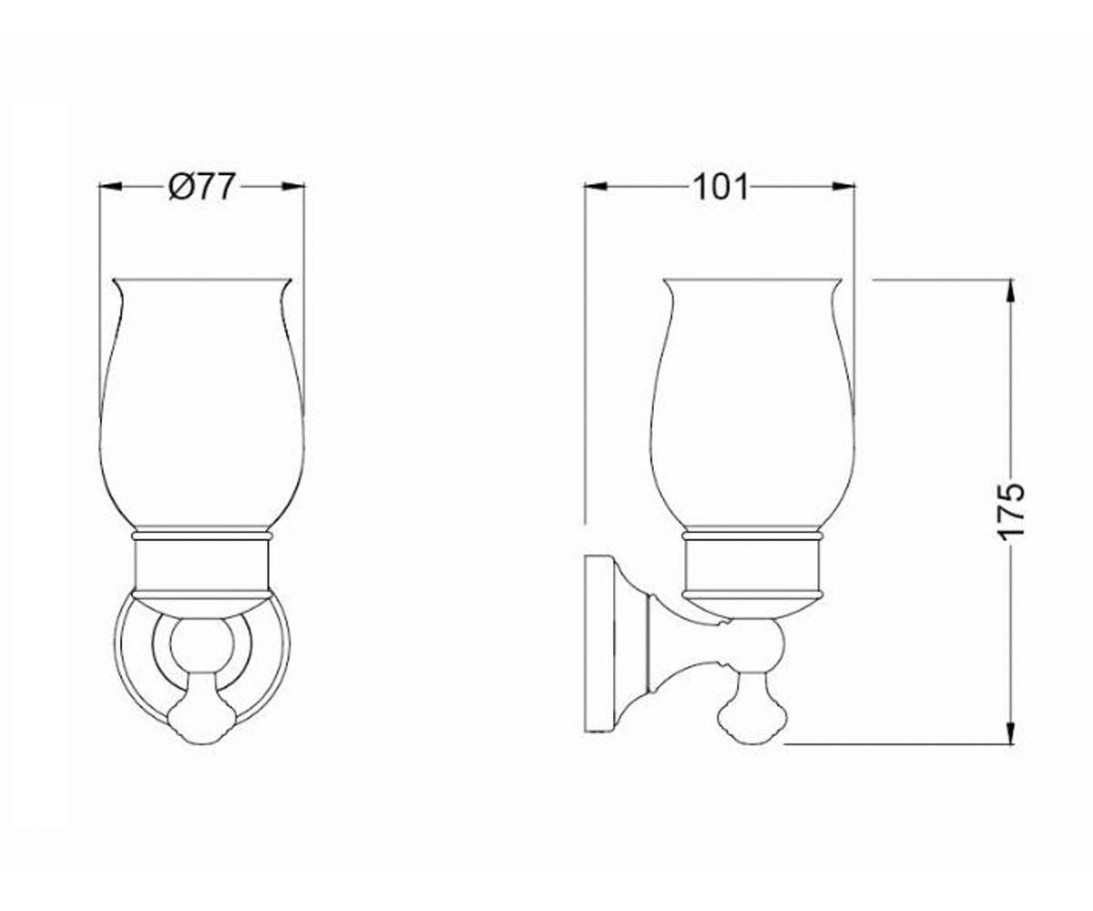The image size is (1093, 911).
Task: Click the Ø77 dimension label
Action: [201, 187]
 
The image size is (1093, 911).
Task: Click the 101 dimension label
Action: [720, 187]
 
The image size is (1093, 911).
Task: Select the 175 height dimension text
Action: [1010, 512]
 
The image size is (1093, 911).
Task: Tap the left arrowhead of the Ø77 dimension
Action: [110, 187]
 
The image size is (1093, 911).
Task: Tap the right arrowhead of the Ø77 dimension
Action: [293, 187]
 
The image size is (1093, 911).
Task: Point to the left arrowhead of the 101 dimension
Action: [596, 187]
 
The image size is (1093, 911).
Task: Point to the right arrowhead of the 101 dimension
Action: [843, 187]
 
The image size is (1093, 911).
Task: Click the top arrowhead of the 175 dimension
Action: [1011, 292]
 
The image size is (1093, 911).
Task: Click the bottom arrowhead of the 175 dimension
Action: [1011, 732]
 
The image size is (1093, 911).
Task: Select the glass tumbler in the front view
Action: [202, 404]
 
